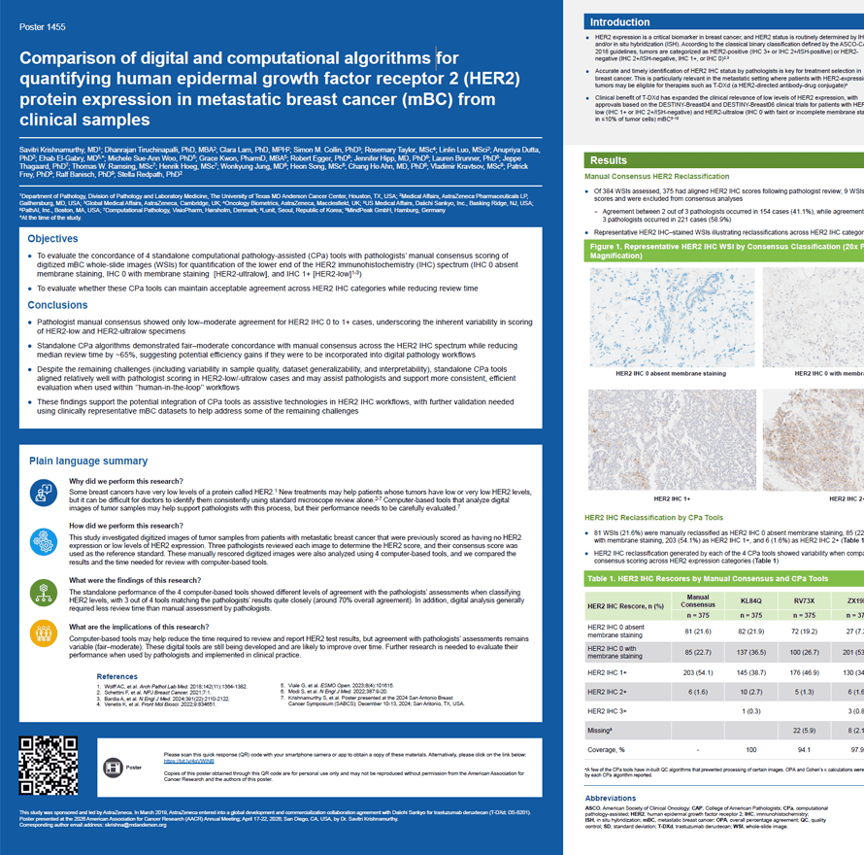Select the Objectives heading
point(52,238)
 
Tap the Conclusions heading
point(57,305)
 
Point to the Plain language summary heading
point(88,461)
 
